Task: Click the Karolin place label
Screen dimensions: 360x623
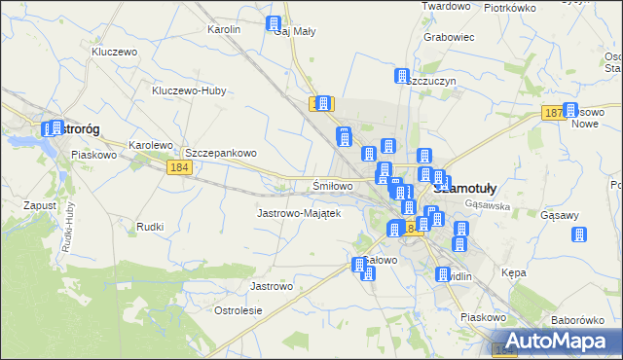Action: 224,29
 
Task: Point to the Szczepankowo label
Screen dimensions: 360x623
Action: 220,153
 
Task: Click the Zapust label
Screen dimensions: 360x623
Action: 42,206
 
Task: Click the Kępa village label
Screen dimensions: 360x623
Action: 513,272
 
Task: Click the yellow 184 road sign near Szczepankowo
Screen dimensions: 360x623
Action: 177,168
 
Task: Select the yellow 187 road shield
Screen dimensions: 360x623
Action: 553,114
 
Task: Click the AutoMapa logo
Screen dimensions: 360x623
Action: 559,341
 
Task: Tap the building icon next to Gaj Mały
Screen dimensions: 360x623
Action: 274,23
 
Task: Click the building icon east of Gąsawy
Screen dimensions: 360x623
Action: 579,234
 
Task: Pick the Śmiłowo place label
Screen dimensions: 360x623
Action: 332,185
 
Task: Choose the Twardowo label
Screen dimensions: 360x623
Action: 445,6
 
